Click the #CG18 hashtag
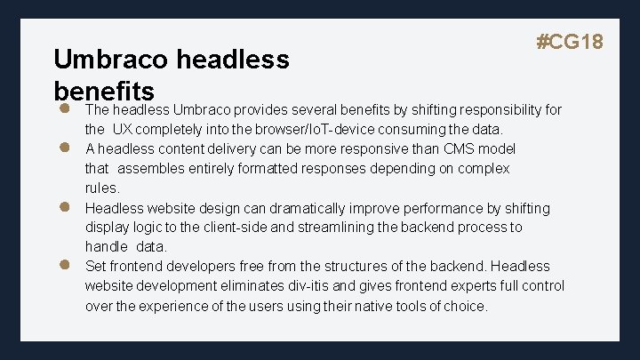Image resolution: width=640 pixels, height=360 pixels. click(x=571, y=42)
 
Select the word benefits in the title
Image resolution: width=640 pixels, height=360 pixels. click(x=104, y=91)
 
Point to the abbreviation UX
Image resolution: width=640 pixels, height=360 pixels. click(x=123, y=130)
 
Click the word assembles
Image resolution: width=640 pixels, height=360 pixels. click(x=151, y=168)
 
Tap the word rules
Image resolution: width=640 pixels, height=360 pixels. click(x=101, y=188)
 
